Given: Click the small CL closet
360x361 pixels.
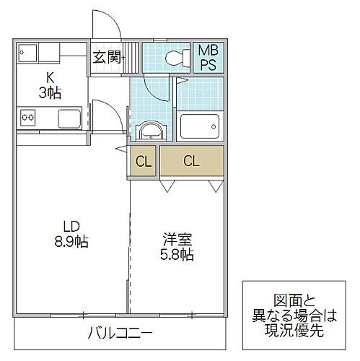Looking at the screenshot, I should coord(144,161).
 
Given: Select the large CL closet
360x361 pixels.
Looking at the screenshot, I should coord(191,161).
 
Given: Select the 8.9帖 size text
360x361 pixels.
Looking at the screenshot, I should coord(70,242).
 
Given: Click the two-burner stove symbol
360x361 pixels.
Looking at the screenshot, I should coord(28,116).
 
